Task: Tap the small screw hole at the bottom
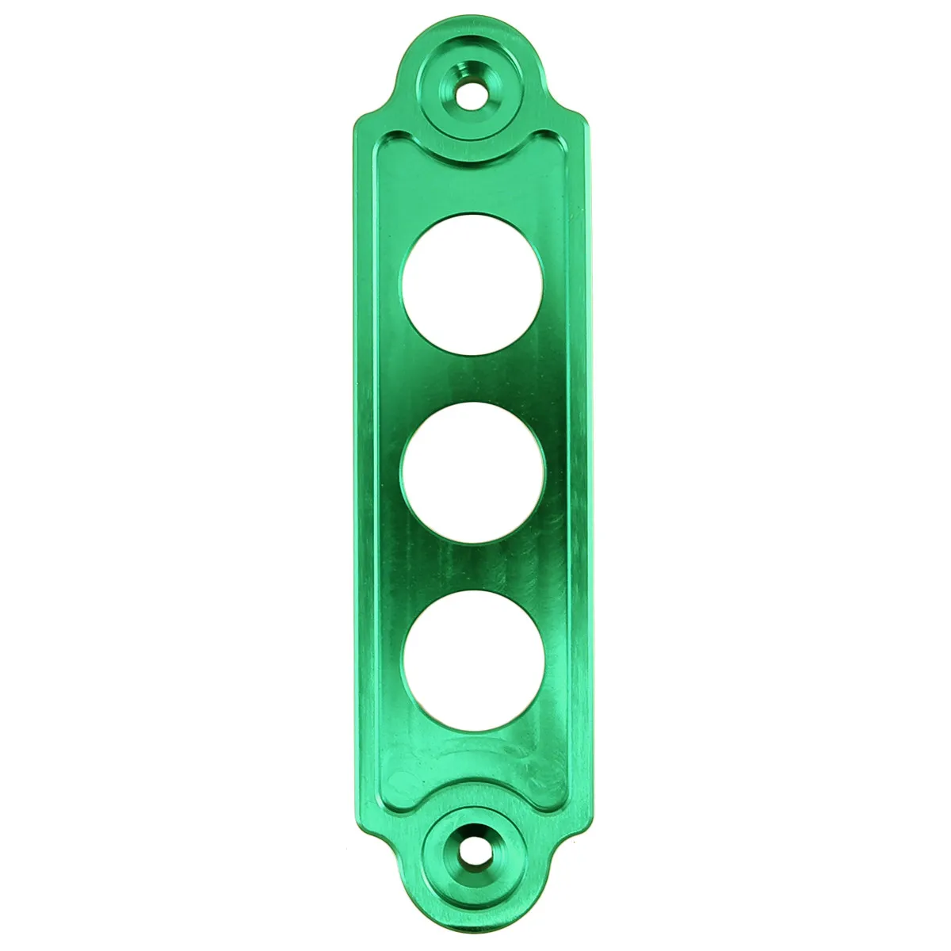coord(473,854)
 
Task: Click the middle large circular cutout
coord(473,473)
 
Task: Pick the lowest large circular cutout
coord(473,662)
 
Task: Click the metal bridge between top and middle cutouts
coord(473,379)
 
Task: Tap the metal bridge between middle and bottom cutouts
coord(473,567)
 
